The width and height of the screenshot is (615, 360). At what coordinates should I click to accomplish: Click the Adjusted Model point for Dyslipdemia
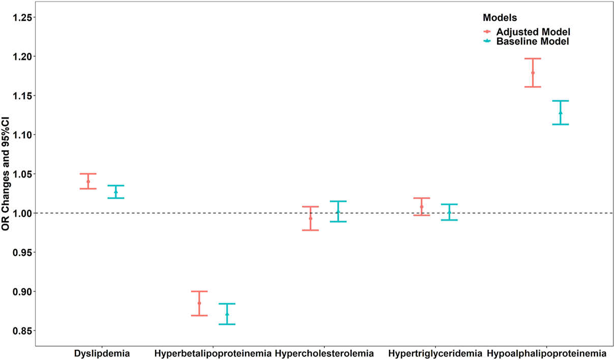coord(88,182)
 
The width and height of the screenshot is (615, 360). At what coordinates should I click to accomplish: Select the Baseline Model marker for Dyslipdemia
coord(116,192)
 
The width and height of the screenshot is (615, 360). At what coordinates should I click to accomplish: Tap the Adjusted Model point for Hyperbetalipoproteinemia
coord(199,303)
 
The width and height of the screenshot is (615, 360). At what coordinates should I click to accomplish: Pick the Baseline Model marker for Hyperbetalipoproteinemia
coord(227,314)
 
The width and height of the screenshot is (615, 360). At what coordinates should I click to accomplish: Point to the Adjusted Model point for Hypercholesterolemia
coord(311,218)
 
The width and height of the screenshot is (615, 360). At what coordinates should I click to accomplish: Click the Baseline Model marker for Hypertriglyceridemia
coord(449,212)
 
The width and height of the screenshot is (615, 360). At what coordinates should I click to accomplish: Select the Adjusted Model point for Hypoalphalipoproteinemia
coord(533,73)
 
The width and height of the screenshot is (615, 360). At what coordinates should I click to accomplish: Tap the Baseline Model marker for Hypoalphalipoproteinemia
coord(561,113)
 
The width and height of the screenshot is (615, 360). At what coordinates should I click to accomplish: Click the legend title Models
coord(500,18)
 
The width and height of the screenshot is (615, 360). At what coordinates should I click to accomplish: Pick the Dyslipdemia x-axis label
coord(102,353)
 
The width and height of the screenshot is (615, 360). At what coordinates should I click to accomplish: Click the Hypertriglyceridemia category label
coord(435,353)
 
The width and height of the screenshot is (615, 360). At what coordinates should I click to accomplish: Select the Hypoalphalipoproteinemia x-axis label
coord(546,353)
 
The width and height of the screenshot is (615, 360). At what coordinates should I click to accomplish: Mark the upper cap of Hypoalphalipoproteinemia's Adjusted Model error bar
coord(533,58)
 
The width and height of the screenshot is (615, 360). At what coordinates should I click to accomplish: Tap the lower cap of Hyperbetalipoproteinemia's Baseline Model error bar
coord(227,324)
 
